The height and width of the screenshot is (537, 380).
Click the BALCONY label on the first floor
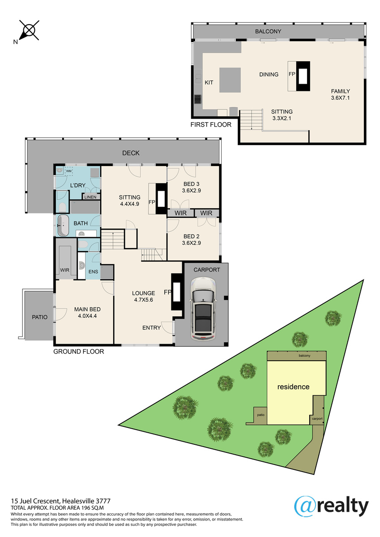(x=268, y=31)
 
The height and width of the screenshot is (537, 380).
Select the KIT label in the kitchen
(x=209, y=83)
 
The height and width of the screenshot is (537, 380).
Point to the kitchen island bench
(x=230, y=80)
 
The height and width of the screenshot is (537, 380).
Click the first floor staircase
(x=251, y=120)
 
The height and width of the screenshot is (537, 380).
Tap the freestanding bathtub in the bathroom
(x=63, y=226)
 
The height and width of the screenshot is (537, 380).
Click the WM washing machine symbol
(x=69, y=171)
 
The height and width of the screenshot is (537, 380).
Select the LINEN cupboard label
(x=90, y=197)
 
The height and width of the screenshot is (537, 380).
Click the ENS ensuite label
(x=93, y=272)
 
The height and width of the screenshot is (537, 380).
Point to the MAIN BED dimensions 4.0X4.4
(x=87, y=316)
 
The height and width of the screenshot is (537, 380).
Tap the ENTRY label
(x=152, y=328)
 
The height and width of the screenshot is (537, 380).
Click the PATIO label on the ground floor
(x=40, y=317)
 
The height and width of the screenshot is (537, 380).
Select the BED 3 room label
(x=191, y=184)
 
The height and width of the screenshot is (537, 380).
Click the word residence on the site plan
(x=293, y=387)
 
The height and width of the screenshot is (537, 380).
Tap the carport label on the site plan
(x=317, y=418)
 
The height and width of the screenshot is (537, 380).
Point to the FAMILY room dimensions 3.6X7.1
(x=341, y=98)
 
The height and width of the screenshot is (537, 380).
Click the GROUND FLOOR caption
(x=79, y=352)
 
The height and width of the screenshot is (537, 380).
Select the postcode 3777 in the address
(x=103, y=501)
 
